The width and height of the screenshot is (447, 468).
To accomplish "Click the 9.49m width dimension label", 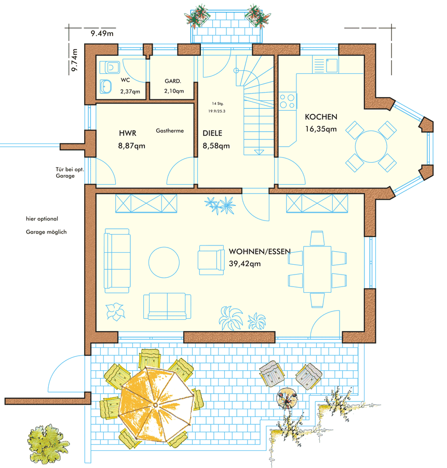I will [102, 34].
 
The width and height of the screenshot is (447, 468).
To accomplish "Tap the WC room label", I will [125, 81].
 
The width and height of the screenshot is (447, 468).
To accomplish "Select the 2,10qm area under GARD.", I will [174, 92].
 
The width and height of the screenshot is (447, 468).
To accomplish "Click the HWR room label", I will [127, 134].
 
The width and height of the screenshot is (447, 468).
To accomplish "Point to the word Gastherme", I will [170, 131].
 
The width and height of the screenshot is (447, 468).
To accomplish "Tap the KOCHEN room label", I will [321, 117].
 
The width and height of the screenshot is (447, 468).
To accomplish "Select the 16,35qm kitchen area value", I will [321, 129].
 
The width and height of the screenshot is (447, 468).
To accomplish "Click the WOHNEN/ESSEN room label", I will [259, 252].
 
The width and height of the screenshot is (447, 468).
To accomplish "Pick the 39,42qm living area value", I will [245, 264].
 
